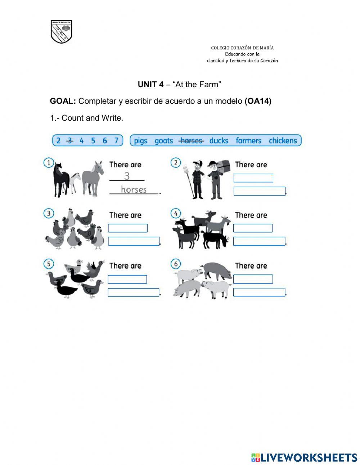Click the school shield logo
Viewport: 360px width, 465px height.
tap(61, 32)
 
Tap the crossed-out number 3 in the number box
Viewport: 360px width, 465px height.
tap(70, 140)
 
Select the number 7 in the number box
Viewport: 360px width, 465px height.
tap(116, 140)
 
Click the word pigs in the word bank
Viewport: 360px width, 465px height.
tap(141, 140)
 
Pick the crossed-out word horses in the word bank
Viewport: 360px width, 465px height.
tap(192, 140)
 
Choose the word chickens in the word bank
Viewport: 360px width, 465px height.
tap(283, 140)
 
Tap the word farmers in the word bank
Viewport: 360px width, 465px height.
tap(248, 140)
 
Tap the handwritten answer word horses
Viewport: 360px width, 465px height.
tap(134, 189)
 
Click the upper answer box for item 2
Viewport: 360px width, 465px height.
tap(253, 178)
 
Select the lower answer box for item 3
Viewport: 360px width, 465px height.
tap(134, 241)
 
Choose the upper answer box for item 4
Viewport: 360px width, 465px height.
tap(253, 228)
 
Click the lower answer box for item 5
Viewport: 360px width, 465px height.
tap(134, 292)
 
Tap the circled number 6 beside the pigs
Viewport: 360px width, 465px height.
tap(176, 264)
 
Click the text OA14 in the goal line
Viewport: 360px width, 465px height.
tap(258, 101)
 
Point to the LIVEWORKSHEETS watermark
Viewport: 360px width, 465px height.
tap(304, 457)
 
